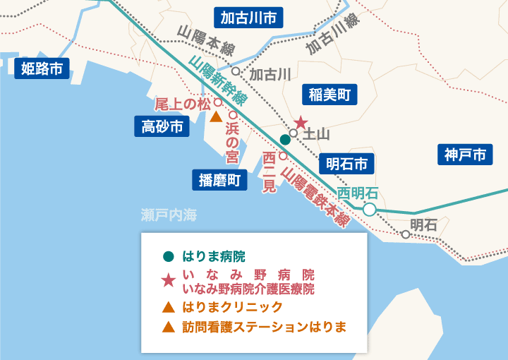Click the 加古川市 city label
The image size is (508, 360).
point(248,17)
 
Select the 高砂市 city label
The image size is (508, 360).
point(162,126)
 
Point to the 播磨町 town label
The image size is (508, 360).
point(220,180)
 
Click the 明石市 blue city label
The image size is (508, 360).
point(346,164)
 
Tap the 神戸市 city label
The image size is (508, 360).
point(466,155)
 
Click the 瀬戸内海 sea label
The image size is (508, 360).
point(167,215)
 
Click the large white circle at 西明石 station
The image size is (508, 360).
point(369,209)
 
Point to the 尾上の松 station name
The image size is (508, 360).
point(183,104)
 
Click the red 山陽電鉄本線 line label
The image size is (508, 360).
point(315,196)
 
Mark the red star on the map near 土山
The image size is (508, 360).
point(301,122)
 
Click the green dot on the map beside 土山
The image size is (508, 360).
point(285,139)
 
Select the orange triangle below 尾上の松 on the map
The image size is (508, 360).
point(217,116)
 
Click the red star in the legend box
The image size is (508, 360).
point(168,280)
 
